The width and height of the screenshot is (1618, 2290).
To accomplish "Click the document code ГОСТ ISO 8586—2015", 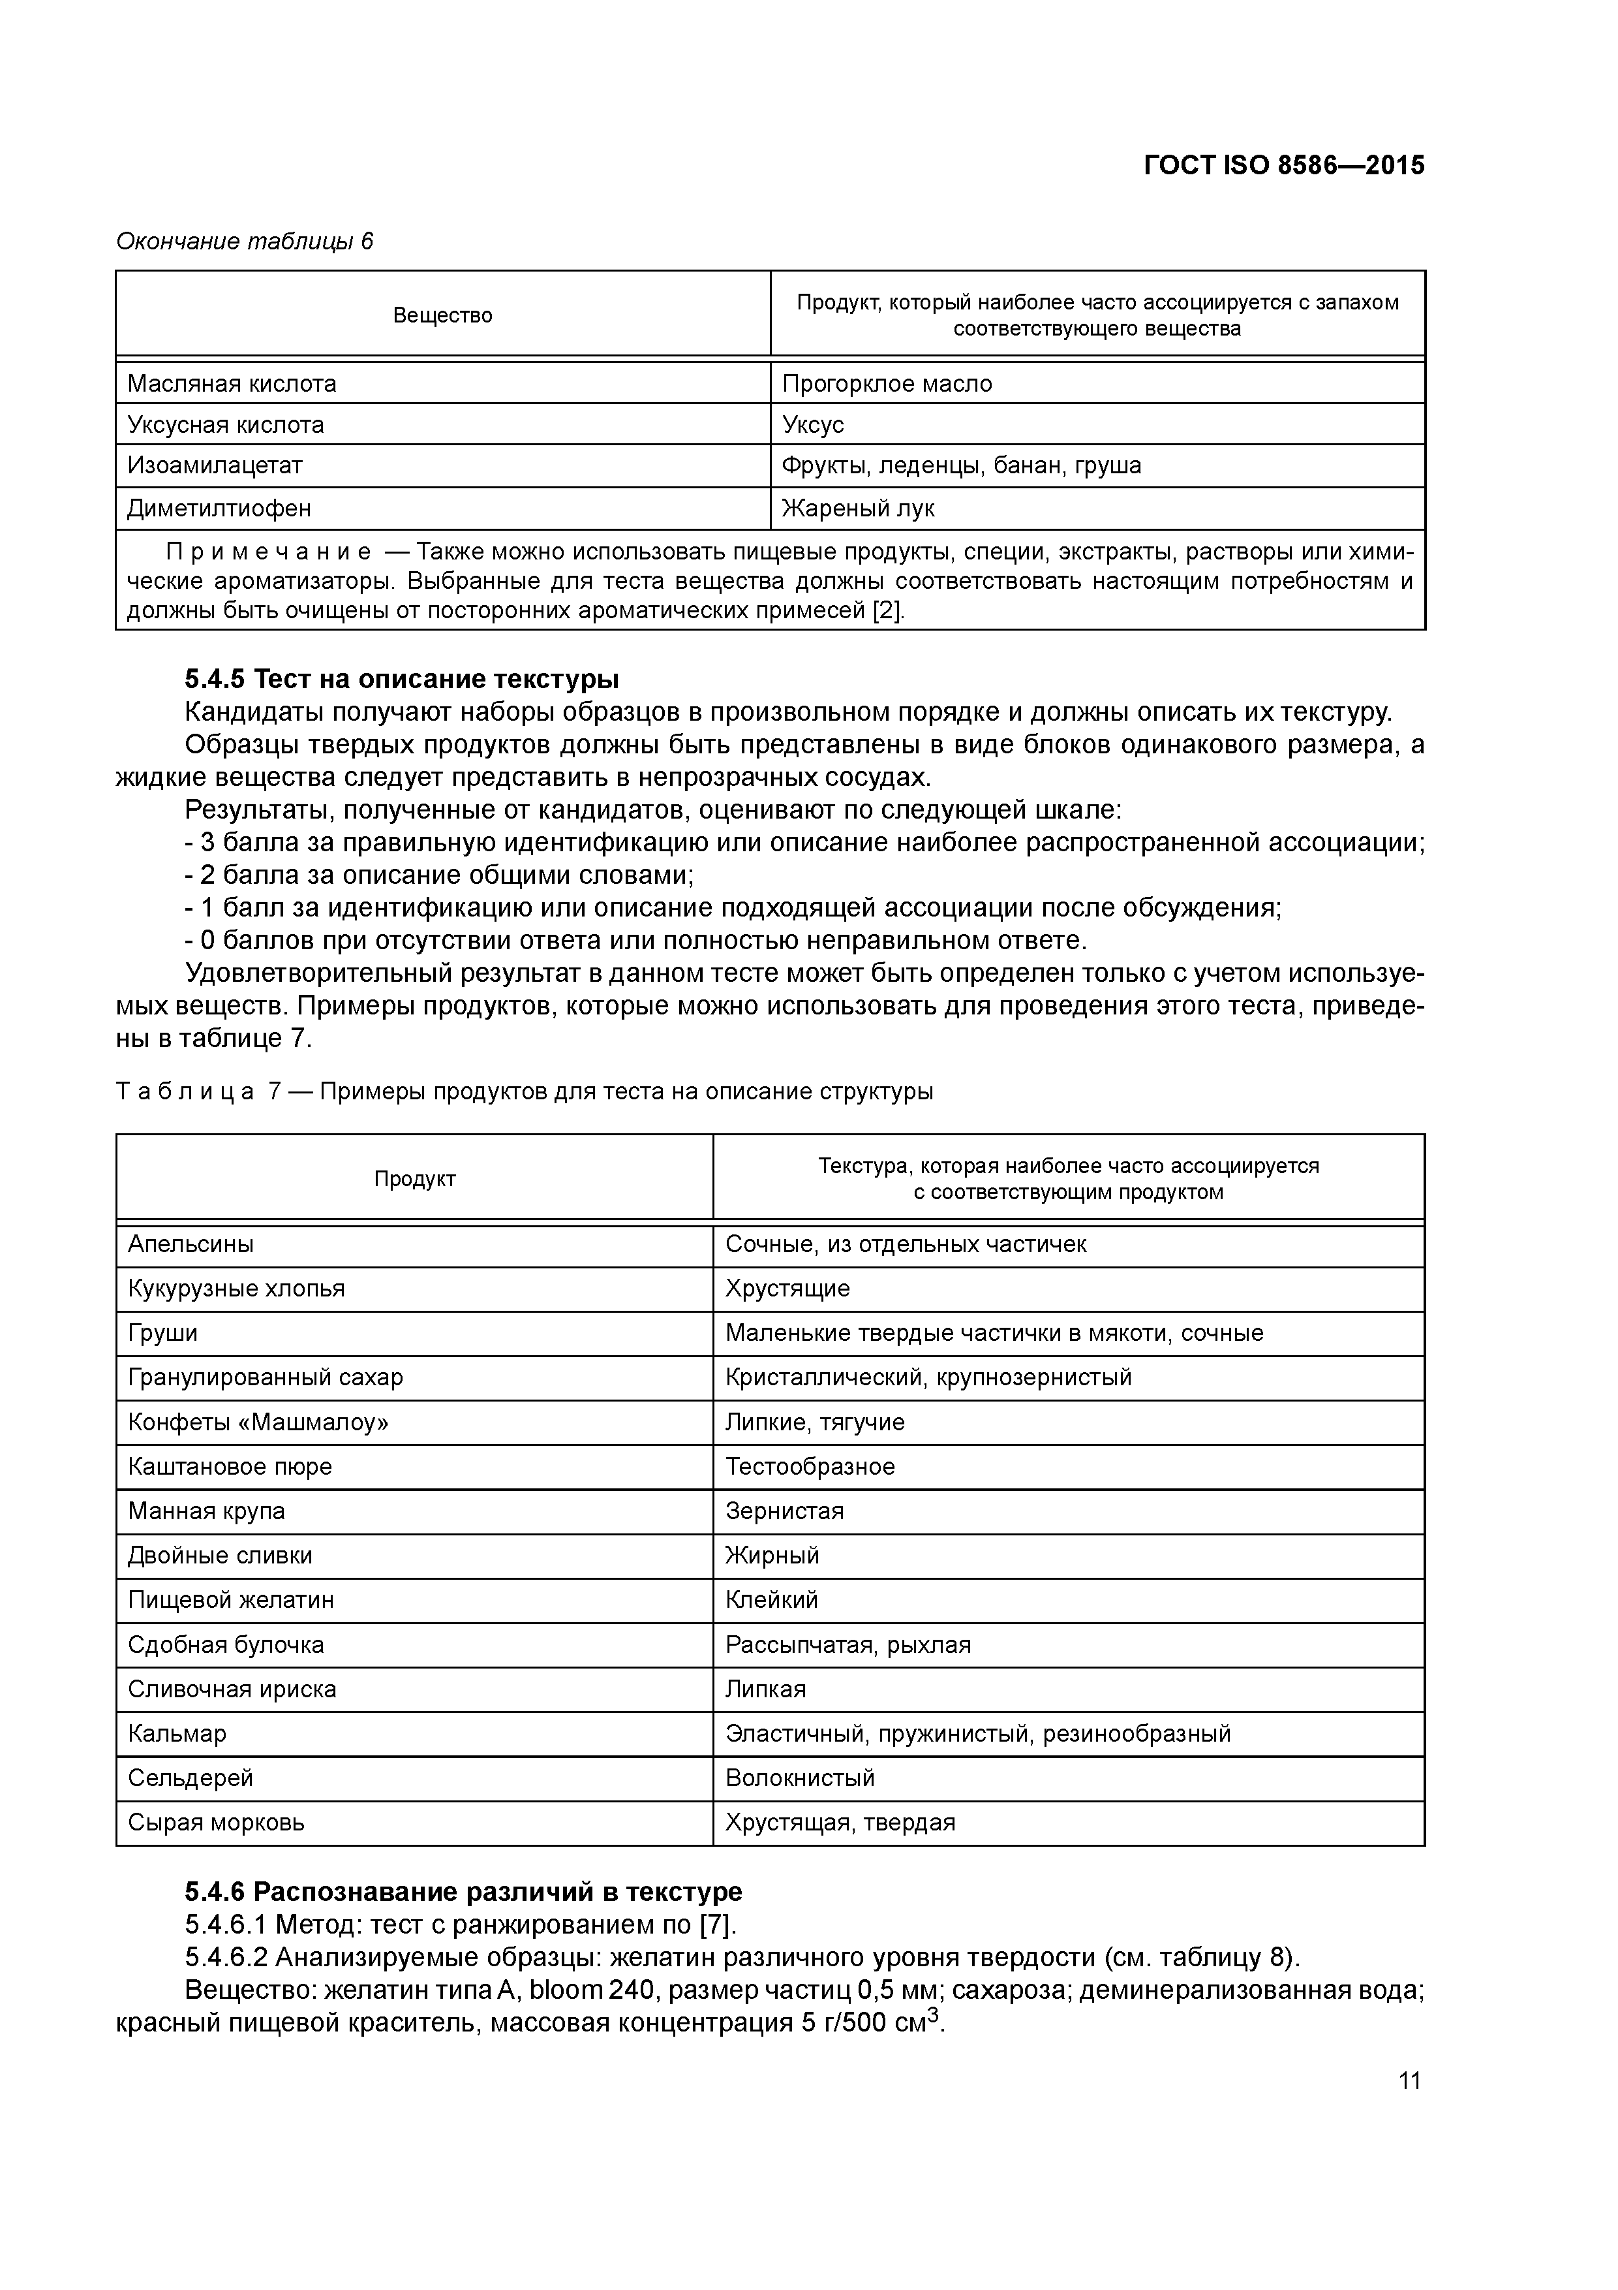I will (x=1283, y=165).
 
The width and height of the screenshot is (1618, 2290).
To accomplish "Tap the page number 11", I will (x=1409, y=2080).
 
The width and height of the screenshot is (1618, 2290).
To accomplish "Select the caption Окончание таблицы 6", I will (x=244, y=242).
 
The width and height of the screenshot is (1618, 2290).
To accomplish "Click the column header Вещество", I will (x=442, y=315).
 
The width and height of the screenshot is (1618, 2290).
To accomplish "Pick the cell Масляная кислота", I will (x=232, y=384).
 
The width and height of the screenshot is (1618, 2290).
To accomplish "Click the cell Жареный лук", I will (x=859, y=509).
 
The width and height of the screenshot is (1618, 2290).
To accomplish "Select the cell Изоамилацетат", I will (x=215, y=466).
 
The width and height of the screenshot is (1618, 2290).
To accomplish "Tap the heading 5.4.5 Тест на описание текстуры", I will (x=402, y=679).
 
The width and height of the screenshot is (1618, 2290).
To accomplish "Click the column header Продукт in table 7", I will (x=415, y=1179).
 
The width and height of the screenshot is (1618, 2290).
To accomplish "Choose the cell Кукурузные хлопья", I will (x=236, y=1289).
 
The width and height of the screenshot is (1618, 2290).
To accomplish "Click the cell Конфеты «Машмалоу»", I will (x=258, y=1422).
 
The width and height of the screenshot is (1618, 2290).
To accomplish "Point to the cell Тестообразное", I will (x=810, y=1466).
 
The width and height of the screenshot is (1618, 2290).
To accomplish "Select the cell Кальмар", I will (x=177, y=1733).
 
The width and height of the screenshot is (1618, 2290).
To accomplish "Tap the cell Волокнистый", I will (x=799, y=1778).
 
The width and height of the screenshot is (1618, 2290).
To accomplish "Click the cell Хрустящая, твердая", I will (x=840, y=1822).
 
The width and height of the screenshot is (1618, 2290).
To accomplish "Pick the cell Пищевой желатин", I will (x=230, y=1600).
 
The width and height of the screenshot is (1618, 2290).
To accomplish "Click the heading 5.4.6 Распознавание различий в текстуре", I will (x=464, y=1892).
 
